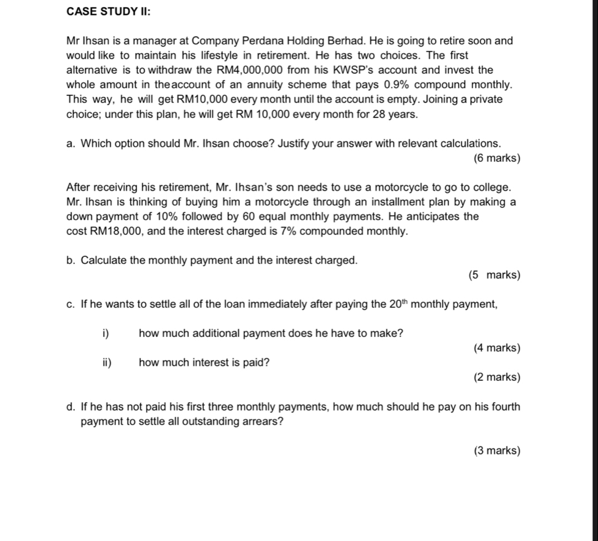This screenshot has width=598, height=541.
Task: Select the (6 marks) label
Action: coord(497,159)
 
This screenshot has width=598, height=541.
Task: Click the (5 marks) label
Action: coord(494,275)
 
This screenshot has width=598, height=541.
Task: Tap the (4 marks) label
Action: coord(497,348)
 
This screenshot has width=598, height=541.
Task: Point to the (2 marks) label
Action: coord(497,377)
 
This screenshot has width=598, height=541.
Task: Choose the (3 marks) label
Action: coord(497,451)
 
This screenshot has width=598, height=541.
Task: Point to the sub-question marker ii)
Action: coord(106,363)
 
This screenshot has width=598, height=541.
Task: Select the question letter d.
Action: coord(70,407)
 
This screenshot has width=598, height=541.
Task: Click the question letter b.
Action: coord(70,260)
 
